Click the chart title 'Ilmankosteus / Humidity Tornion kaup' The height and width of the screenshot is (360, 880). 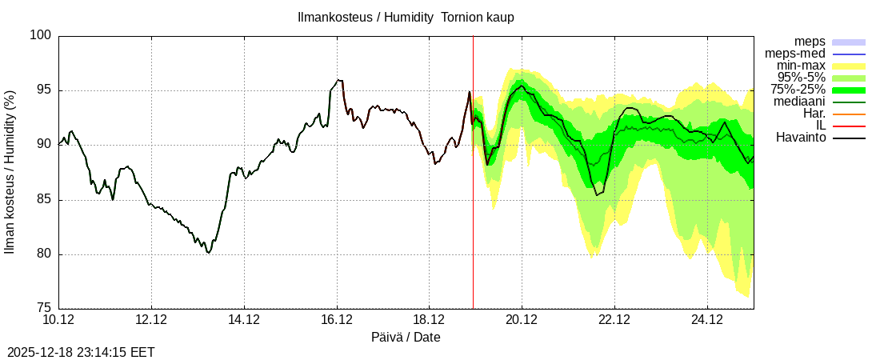tap(406, 17)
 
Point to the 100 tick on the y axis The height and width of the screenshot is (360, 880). tap(42, 35)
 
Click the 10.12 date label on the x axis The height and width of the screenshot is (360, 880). tap(59, 320)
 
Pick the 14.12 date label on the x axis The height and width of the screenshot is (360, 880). tap(244, 320)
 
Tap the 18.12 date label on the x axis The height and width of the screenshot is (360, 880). tap(429, 320)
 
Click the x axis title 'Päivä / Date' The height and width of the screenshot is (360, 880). tap(406, 338)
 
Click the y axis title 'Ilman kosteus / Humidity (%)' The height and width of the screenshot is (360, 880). tap(10, 172)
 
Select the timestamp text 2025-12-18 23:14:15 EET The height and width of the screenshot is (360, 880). tap(81, 352)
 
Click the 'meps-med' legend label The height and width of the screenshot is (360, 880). tap(795, 54)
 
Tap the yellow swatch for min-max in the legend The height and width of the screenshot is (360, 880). tap(849, 66)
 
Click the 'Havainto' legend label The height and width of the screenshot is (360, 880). tap(800, 138)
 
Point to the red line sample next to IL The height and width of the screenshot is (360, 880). tap(849, 126)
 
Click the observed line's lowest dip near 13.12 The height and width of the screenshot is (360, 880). tap(209, 252)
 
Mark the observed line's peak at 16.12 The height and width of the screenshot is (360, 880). tap(339, 80)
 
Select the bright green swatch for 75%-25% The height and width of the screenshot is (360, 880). tap(849, 90)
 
